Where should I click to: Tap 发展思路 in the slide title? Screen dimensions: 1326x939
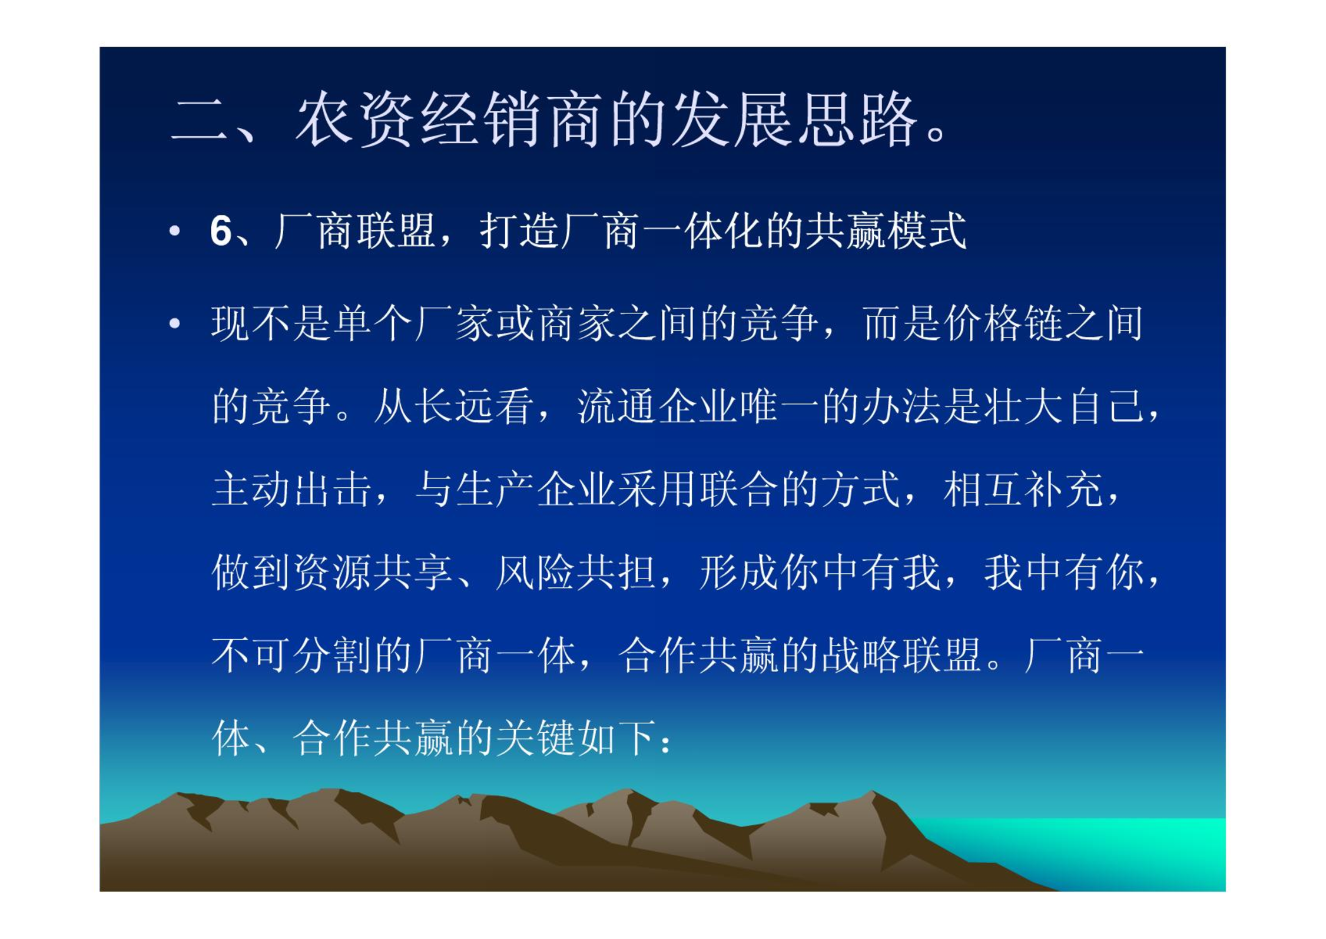794,118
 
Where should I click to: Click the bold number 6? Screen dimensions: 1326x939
221,230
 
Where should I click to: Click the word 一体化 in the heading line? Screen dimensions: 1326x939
704,230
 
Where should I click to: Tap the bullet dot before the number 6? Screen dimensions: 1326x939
174,230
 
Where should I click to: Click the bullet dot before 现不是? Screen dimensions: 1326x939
174,323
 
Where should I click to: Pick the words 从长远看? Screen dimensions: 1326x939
453,406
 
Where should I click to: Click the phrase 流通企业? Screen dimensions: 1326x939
657,406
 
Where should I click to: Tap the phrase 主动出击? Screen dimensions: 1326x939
291,489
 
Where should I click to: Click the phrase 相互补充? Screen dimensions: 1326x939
1023,489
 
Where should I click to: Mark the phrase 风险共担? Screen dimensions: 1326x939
576,572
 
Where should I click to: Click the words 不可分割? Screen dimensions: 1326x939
291,655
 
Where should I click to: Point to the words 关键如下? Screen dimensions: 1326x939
576,738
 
